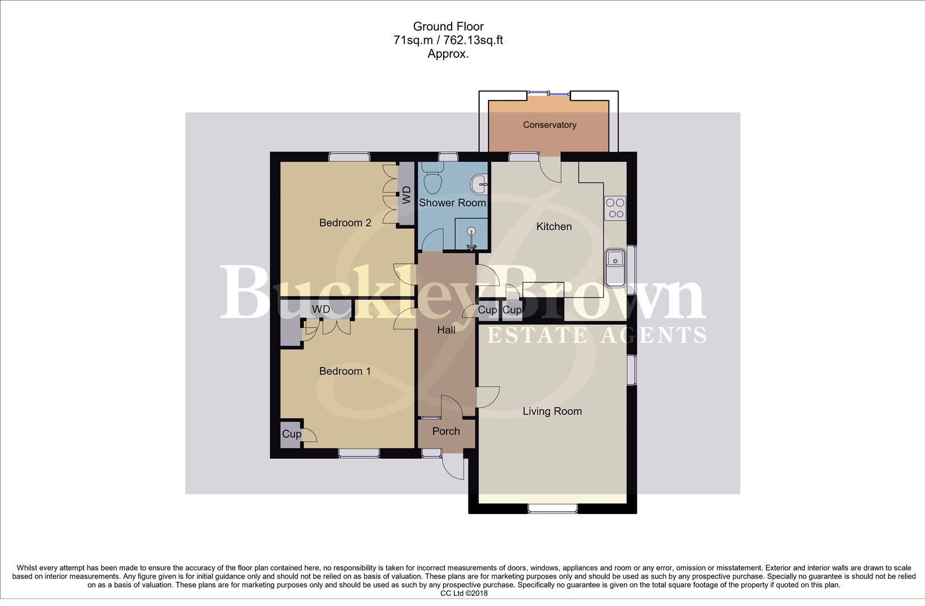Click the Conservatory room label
coord(549,125)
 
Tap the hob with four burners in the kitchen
coord(615,208)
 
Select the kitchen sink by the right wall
coord(615,260)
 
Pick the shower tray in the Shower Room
coord(470,234)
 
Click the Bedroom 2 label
coord(345,223)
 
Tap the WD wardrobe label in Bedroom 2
coord(407,195)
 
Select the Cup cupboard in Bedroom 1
coord(291,434)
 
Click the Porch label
coord(446,431)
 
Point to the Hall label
coord(446,330)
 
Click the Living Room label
coord(552,411)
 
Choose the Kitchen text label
coord(554,226)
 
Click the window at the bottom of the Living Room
coord(552,508)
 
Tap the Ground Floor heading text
coord(448,26)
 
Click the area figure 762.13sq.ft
coord(473,40)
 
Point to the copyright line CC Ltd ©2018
coord(464,593)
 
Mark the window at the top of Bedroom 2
coord(349,157)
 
